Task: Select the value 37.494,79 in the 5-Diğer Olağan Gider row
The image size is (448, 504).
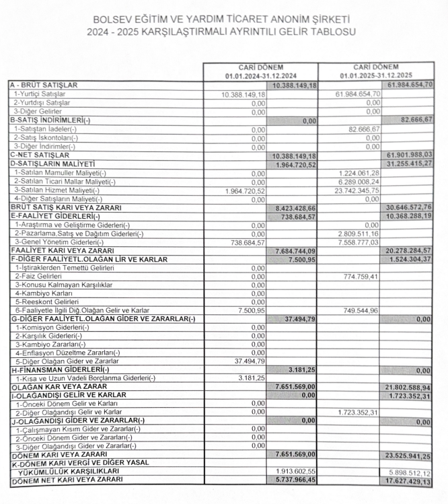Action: point(246,361)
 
